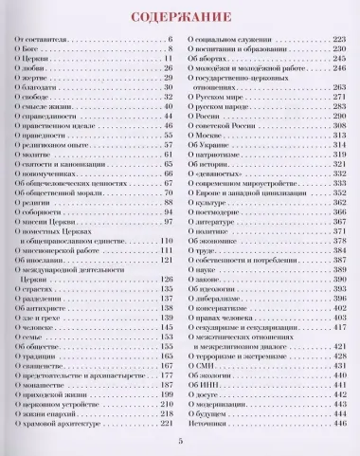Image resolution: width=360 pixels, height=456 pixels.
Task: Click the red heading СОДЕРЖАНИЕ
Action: [x=179, y=17]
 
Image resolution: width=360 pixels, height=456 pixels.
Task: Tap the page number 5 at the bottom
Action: [x=179, y=444]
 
